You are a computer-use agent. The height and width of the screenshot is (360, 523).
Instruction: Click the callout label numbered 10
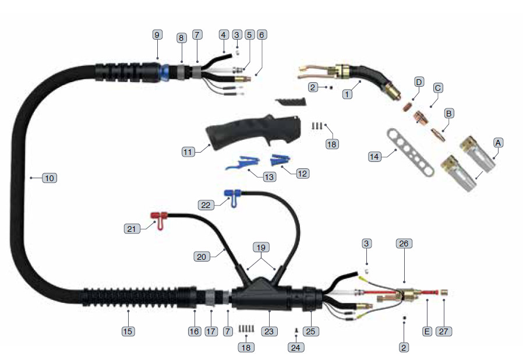pyautogui.click(x=50, y=178)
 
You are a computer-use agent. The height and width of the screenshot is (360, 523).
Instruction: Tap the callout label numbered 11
pyautogui.click(x=188, y=151)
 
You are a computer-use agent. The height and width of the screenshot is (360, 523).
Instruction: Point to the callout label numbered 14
pyautogui.click(x=376, y=156)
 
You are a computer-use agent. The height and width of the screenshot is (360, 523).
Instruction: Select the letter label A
pyautogui.click(x=498, y=142)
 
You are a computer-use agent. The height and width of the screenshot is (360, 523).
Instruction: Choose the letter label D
pyautogui.click(x=418, y=82)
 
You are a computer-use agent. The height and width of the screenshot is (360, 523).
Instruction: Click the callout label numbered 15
pyautogui.click(x=128, y=331)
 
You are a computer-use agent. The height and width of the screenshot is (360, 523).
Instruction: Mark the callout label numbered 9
pyautogui.click(x=157, y=34)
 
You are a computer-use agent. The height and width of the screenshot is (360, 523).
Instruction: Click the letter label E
pyautogui.click(x=427, y=331)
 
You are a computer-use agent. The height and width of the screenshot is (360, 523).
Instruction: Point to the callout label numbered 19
pyautogui.click(x=261, y=246)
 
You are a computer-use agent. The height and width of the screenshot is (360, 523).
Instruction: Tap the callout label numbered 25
pyautogui.click(x=310, y=331)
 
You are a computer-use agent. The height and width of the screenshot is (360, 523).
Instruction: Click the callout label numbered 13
pyautogui.click(x=269, y=176)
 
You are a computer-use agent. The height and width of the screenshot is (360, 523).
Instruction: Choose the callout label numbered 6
pyautogui.click(x=261, y=34)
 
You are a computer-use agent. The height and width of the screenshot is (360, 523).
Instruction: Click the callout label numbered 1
pyautogui.click(x=348, y=93)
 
